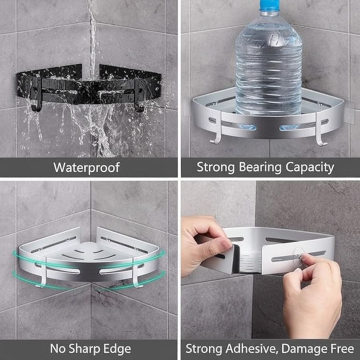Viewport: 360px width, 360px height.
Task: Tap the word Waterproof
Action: click(x=86, y=168)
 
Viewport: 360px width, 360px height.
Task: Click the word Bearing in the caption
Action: click(x=260, y=168)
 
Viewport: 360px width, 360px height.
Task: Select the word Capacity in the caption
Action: click(x=310, y=168)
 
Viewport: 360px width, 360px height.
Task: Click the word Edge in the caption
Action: click(x=117, y=349)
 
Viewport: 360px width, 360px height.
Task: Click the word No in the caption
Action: click(x=58, y=349)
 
